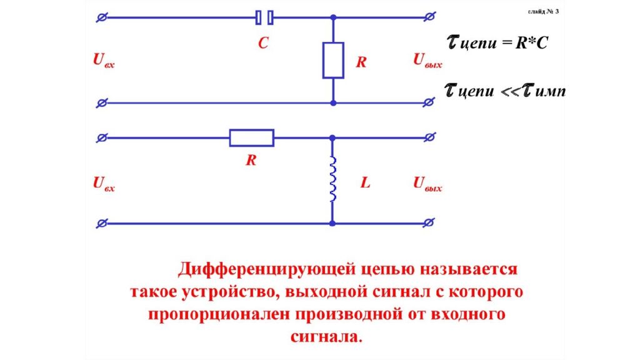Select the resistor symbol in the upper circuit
[332, 61]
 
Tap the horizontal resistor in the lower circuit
[251, 137]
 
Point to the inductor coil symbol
[332, 179]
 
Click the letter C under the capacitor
[263, 43]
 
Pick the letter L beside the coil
[365, 184]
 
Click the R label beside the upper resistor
[361, 63]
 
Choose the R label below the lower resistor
[251, 160]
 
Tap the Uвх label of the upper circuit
[104, 61]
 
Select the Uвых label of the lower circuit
[427, 184]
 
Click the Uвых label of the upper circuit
[427, 61]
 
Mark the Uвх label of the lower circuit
[104, 184]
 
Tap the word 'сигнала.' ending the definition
[326, 336]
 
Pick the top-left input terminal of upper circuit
[102, 17]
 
